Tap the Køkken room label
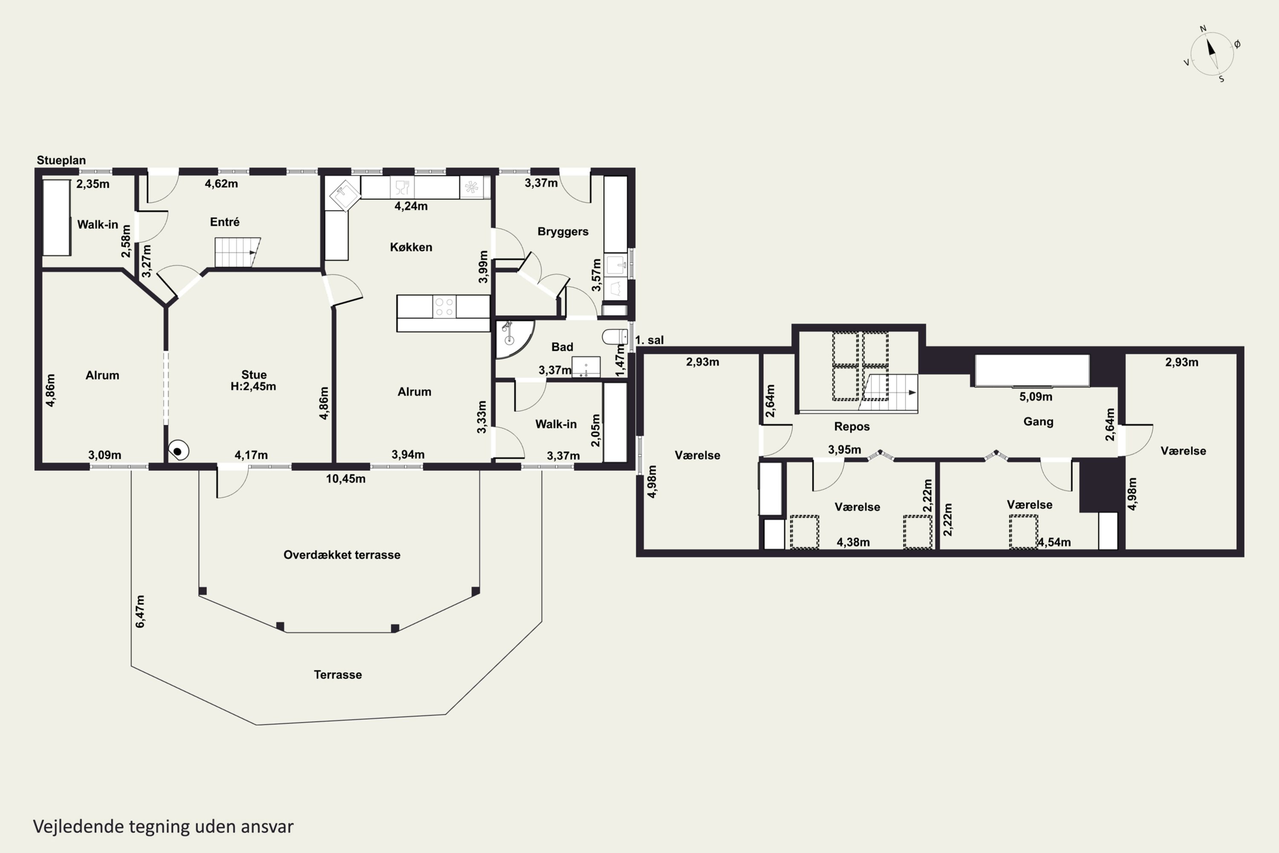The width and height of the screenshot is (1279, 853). [411, 247]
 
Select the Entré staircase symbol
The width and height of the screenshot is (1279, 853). [237, 252]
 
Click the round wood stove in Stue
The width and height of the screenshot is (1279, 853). [178, 451]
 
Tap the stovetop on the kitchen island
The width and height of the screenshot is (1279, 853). [444, 307]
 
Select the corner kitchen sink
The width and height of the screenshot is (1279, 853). [344, 194]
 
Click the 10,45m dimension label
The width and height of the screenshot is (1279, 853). [346, 479]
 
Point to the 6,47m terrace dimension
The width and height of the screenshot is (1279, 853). [140, 612]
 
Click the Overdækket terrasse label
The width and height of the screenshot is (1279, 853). [342, 555]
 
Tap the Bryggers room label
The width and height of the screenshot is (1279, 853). [563, 232]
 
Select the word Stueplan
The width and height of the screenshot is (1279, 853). [61, 160]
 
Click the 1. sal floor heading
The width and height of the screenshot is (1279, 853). [650, 340]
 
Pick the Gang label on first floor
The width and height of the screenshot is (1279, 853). [1039, 422]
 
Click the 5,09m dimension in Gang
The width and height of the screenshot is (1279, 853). [1036, 397]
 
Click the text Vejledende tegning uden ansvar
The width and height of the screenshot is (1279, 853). [163, 827]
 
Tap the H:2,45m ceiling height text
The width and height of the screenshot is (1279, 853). [253, 386]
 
